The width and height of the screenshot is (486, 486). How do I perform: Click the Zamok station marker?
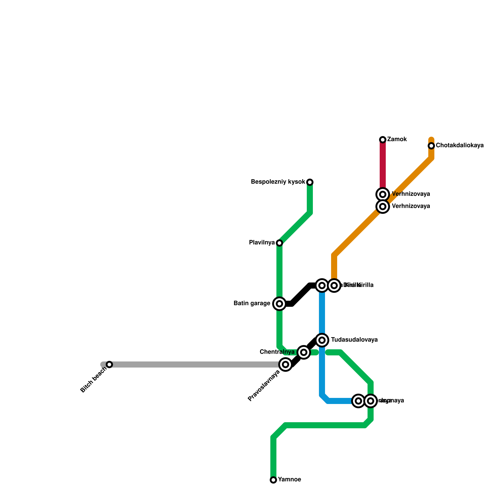coord(383,140)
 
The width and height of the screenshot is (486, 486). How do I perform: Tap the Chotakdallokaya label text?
coord(460,145)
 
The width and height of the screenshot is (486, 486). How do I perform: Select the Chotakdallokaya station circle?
coord(431,146)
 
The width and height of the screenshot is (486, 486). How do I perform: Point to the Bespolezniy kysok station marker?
coord(310,182)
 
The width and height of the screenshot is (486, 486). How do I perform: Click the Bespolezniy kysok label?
coord(278,182)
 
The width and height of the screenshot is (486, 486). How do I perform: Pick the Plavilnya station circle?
coord(279,243)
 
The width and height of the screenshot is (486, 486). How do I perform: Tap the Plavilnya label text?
coord(262,243)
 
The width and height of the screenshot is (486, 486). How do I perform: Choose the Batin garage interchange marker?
coord(279,304)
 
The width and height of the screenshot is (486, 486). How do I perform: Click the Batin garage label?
coord(252,303)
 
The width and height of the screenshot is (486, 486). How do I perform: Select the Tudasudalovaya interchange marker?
coord(322,340)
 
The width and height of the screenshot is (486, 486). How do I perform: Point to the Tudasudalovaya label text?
coord(354,340)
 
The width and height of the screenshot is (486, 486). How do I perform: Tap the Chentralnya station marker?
coord(303,352)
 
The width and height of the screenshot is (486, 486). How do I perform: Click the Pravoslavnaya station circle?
coord(286,364)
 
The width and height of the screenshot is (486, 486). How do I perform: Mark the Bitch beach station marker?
coord(109,364)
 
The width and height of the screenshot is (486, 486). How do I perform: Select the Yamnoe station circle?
coord(273,480)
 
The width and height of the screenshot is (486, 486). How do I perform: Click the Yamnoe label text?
coord(289,480)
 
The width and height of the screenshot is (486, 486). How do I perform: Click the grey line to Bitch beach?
coord(194,364)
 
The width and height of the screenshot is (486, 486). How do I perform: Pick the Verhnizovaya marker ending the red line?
coord(383,194)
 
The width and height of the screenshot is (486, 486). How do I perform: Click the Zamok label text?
coord(397,139)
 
